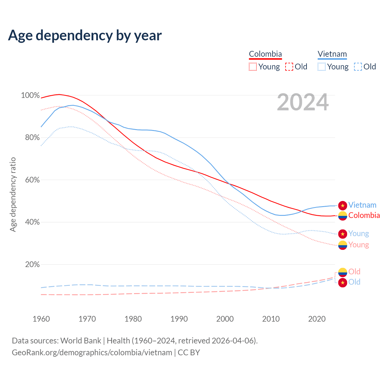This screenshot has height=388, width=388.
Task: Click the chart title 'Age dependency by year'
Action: (85, 35)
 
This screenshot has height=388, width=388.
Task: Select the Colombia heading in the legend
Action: (265, 54)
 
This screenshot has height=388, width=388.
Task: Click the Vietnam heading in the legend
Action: (332, 54)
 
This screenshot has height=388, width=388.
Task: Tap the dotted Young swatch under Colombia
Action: (253, 67)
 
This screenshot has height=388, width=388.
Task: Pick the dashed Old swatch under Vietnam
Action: (358, 67)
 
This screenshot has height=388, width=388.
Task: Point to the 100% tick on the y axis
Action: (30, 95)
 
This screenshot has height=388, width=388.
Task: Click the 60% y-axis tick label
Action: (32, 180)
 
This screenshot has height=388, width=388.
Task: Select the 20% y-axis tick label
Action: (32, 264)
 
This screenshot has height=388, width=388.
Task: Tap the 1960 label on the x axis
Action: (41, 319)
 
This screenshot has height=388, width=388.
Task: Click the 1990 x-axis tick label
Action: (179, 319)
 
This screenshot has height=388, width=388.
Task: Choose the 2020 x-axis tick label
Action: (317, 319)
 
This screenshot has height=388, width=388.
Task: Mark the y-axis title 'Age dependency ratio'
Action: (13, 194)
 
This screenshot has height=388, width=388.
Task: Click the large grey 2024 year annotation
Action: (303, 102)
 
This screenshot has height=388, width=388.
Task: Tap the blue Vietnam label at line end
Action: (362, 205)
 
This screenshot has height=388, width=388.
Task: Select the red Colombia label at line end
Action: (364, 215)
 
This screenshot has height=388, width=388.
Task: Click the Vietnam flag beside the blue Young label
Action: (343, 234)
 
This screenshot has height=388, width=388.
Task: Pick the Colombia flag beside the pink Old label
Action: (343, 272)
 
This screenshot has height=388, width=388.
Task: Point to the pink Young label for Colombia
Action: (359, 245)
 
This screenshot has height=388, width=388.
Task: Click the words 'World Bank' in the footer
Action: (81, 340)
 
